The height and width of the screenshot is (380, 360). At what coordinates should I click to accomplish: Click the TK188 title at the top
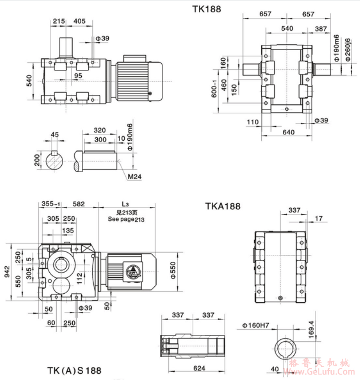207,9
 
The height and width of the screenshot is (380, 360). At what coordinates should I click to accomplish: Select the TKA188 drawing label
222,206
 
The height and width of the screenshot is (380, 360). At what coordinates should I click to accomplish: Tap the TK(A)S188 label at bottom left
74,370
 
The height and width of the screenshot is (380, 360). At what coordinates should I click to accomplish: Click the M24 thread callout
135,177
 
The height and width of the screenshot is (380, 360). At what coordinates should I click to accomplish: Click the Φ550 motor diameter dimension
172,271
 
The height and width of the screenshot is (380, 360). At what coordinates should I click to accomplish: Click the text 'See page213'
126,219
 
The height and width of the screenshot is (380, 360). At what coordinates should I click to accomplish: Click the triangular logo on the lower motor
134,272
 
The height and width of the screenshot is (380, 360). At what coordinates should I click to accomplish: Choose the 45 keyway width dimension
55,134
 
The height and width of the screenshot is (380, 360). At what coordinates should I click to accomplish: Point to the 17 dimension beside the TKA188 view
318,219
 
